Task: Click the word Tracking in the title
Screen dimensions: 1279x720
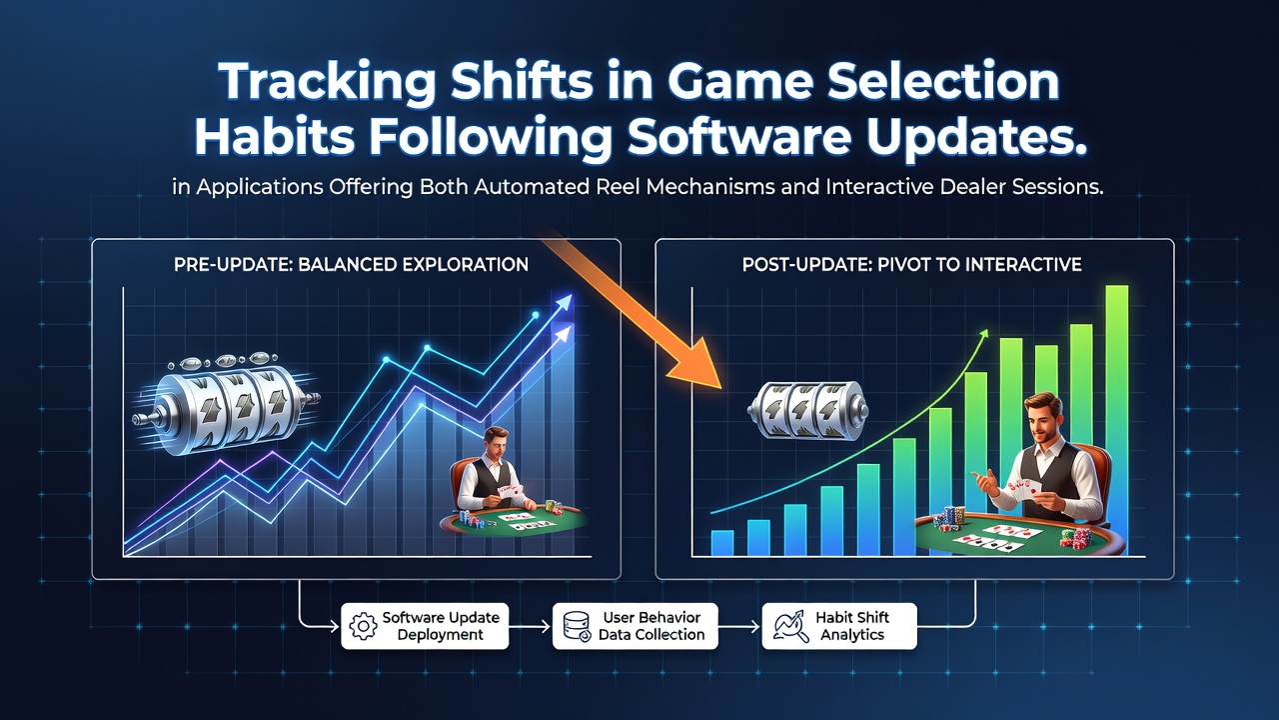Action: [327, 82]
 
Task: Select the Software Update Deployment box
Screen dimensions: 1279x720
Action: [425, 626]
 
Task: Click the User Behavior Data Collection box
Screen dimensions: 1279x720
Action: [635, 626]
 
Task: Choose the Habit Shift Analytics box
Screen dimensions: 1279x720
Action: [839, 626]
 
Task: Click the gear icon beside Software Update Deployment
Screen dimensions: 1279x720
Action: [363, 626]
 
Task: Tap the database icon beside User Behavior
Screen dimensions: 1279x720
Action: [577, 626]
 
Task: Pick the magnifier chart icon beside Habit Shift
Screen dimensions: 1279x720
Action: [790, 626]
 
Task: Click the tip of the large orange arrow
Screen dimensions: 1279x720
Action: [721, 389]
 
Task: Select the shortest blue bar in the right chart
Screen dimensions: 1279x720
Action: [722, 543]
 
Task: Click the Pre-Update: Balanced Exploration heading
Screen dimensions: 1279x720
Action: [351, 265]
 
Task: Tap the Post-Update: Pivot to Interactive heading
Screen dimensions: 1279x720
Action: [912, 265]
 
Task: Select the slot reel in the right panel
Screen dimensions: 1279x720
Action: [807, 410]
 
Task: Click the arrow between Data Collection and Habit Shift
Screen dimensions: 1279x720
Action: [738, 627]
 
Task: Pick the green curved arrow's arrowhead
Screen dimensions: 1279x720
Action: [983, 334]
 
